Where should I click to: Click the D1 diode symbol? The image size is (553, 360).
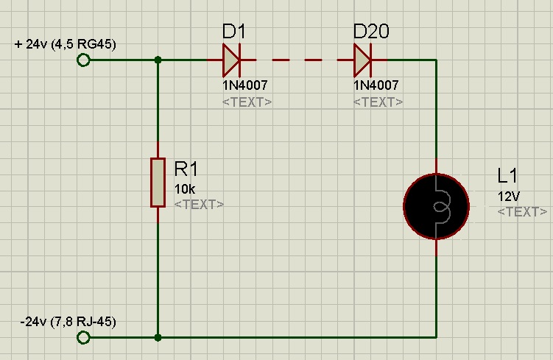pyautogui.click(x=232, y=60)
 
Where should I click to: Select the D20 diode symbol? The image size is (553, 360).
pyautogui.click(x=363, y=60)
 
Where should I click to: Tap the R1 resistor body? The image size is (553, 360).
pyautogui.click(x=158, y=182)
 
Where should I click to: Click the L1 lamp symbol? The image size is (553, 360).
pyautogui.click(x=436, y=206)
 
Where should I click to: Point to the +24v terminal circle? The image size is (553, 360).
pyautogui.click(x=83, y=60)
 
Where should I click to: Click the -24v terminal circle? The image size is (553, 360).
pyautogui.click(x=83, y=337)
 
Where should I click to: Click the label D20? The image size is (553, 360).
pyautogui.click(x=371, y=32)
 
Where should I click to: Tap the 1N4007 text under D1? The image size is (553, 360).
pyautogui.click(x=245, y=85)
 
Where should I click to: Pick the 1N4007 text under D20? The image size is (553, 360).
pyautogui.click(x=376, y=85)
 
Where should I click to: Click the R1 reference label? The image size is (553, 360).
pyautogui.click(x=187, y=169)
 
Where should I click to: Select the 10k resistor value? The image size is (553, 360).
pyautogui.click(x=185, y=188)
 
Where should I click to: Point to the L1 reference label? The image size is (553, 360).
pyautogui.click(x=508, y=176)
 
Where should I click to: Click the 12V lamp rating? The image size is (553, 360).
pyautogui.click(x=509, y=196)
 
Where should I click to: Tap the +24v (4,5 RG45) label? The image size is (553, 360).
pyautogui.click(x=65, y=44)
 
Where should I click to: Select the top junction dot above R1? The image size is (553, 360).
pyautogui.click(x=158, y=60)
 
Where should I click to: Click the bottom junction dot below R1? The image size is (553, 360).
pyautogui.click(x=158, y=337)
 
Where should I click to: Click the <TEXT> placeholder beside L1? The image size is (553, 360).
pyautogui.click(x=522, y=212)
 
